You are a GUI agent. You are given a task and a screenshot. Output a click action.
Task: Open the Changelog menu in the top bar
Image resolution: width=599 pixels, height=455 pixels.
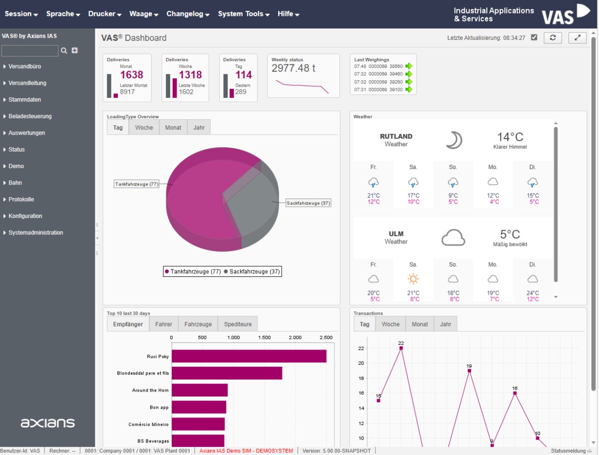[x=188, y=14]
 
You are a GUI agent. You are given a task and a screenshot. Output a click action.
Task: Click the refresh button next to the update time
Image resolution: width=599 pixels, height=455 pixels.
[x=553, y=38]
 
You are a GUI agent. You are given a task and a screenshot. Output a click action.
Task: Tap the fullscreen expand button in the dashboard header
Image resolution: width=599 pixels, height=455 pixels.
[x=578, y=38]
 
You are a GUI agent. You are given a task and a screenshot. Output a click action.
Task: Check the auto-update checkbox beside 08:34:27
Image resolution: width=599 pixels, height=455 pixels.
[x=534, y=37]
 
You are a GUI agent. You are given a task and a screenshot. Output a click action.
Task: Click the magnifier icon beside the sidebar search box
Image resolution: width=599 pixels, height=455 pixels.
[x=63, y=50]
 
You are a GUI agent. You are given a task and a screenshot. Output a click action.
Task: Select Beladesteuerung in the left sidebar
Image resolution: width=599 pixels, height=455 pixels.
[x=30, y=116]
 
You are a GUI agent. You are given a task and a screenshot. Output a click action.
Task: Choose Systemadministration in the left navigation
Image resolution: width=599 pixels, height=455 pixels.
[x=35, y=232]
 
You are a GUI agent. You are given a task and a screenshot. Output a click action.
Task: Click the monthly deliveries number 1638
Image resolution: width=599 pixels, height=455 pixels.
[x=132, y=75]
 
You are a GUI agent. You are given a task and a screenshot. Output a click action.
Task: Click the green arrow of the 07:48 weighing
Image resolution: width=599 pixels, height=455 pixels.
[x=409, y=66]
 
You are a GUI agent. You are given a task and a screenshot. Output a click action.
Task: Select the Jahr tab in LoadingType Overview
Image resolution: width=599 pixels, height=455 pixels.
[x=199, y=128]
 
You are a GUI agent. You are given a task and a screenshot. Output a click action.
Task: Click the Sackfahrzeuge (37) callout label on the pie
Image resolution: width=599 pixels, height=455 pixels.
[x=308, y=203]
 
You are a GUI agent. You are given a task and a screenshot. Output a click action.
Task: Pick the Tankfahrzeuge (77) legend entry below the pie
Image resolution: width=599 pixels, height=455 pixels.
[x=193, y=271]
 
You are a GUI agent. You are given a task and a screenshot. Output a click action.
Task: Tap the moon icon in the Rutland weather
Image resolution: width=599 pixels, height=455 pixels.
[x=454, y=140]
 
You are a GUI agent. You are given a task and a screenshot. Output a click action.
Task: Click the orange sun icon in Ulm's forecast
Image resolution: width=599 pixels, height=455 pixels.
[x=413, y=279]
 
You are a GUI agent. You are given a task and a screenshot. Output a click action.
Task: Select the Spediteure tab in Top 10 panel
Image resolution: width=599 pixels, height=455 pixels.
[x=238, y=324]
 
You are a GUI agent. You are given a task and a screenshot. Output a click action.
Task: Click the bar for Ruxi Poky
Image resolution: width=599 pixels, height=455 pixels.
[x=249, y=356]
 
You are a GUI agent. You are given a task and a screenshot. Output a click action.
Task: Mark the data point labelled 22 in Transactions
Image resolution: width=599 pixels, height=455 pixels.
[x=401, y=348]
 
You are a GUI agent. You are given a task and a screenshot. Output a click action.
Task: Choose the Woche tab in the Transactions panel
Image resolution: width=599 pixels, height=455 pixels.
[x=390, y=324]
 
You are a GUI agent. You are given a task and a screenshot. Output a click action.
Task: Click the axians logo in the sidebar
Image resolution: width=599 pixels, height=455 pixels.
[x=47, y=423]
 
